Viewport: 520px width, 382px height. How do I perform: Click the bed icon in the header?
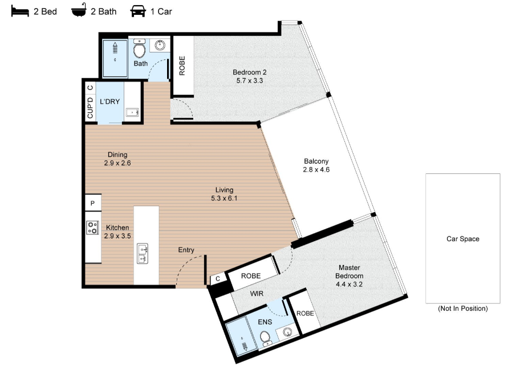tap(20, 11)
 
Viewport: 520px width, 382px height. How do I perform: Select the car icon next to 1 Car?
tap(138, 11)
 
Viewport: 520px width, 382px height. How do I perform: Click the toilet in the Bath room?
tap(139, 48)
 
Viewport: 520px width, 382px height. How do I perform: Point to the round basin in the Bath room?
tap(160, 45)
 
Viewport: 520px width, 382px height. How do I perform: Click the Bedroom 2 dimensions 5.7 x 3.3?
tap(249, 80)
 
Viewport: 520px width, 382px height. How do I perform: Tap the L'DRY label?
tap(110, 101)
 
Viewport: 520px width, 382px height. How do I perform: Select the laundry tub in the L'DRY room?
tap(132, 112)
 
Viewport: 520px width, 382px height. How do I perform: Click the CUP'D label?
tap(90, 108)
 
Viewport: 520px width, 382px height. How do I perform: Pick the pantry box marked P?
tap(93, 202)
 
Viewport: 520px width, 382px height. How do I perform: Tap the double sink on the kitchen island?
tap(143, 254)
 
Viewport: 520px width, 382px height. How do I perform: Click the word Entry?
tap(186, 250)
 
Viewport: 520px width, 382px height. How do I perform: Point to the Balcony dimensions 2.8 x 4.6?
tap(316, 170)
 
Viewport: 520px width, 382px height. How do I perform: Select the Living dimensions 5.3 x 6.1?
tap(224, 198)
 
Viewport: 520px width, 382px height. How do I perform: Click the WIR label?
tap(257, 294)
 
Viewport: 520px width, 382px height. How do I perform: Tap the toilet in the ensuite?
tap(265, 338)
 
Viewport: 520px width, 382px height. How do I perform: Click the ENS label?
tap(265, 322)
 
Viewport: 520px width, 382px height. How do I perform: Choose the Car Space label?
tap(462, 239)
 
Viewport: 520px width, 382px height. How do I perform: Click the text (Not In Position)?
tap(462, 308)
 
